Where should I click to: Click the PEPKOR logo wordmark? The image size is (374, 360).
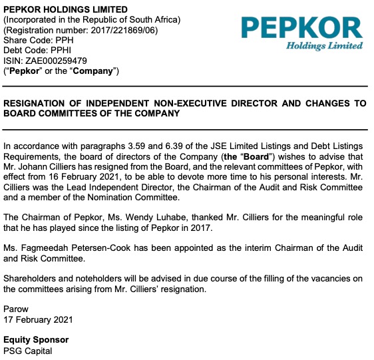(301, 27)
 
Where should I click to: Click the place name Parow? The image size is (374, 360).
(16, 309)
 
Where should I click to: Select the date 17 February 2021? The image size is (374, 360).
(39, 320)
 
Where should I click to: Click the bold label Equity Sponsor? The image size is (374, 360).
(36, 340)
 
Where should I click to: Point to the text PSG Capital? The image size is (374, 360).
(27, 351)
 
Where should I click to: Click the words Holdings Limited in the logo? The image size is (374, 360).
(325, 46)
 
